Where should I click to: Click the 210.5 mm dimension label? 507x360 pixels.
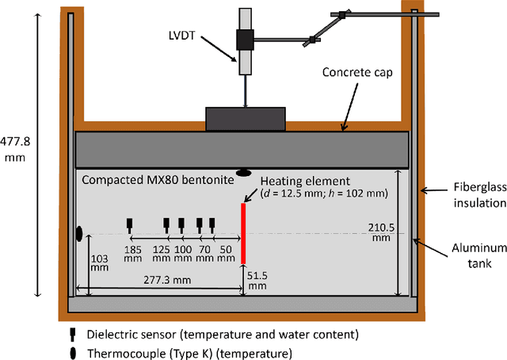click(x=379, y=232)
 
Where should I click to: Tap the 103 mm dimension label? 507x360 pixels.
click(x=99, y=263)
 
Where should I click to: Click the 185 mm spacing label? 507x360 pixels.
click(x=133, y=252)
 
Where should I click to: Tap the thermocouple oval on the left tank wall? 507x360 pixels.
click(x=79, y=233)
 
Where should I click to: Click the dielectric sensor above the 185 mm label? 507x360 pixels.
click(x=130, y=224)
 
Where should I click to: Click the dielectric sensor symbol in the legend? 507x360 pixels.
click(x=73, y=334)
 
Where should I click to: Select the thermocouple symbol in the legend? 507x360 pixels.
click(x=73, y=352)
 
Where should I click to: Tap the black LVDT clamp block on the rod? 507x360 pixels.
click(x=244, y=40)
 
